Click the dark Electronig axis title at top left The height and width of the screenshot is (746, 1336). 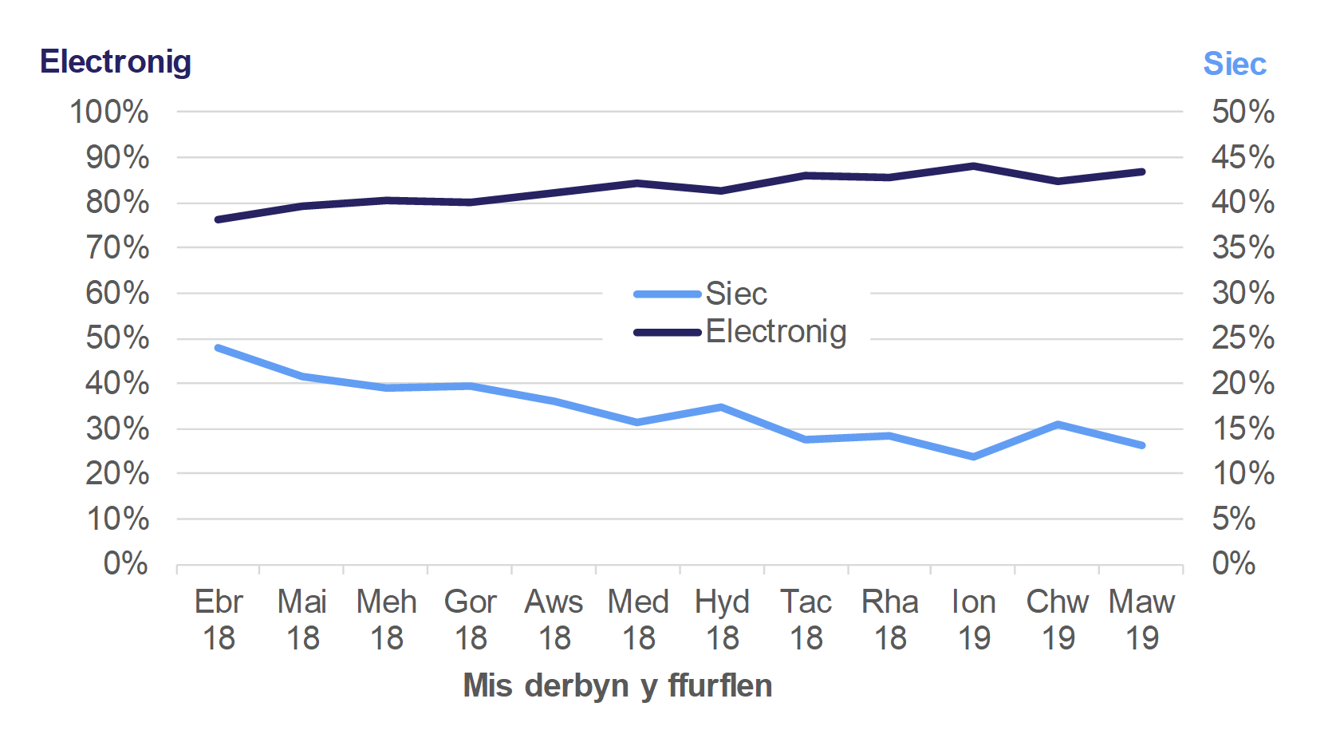tap(116, 62)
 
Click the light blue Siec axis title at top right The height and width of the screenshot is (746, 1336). tap(1234, 64)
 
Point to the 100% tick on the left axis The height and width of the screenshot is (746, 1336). tap(109, 112)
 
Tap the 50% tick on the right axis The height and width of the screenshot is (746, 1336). tap(1242, 112)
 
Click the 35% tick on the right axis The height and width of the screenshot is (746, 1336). tap(1242, 247)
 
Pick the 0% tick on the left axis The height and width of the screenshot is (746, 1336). tap(125, 564)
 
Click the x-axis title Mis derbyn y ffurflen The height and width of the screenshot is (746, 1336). tap(617, 685)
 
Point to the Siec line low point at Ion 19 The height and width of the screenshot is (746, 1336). tap(974, 456)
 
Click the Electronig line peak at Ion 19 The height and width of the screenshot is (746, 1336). tap(974, 166)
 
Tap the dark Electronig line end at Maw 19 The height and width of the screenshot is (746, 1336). tap(1141, 172)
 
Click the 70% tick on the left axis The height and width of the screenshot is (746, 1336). tap(117, 248)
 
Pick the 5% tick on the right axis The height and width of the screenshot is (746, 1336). tap(1233, 519)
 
